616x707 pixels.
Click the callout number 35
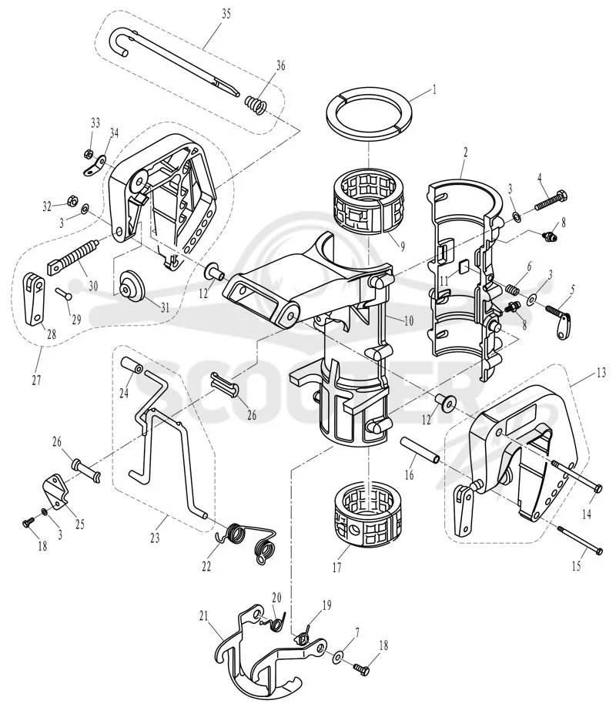[226, 14]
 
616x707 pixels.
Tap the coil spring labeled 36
[256, 106]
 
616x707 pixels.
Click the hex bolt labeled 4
[551, 201]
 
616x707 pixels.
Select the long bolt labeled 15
[581, 539]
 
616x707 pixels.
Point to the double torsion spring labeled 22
[246, 542]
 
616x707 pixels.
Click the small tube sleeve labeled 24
[132, 365]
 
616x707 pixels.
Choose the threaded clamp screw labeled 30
[72, 258]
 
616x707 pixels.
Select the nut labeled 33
[89, 154]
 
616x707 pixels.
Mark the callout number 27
[36, 380]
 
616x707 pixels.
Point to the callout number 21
[204, 615]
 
